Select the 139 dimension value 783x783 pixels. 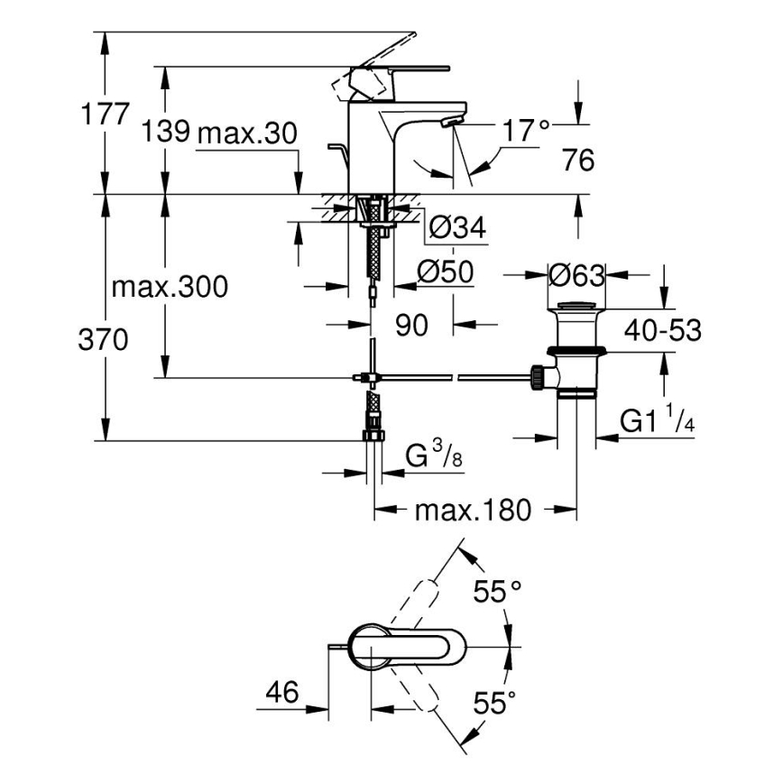pyautogui.click(x=165, y=133)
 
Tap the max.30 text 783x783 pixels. pyautogui.click(x=246, y=134)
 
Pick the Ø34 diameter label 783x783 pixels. pyautogui.click(x=457, y=228)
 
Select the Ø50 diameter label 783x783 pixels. pyautogui.click(x=447, y=272)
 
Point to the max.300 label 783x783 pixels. pyautogui.click(x=170, y=288)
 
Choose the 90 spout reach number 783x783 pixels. pyautogui.click(x=410, y=325)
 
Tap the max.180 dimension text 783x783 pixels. pyautogui.click(x=473, y=511)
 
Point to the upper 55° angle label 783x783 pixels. pyautogui.click(x=498, y=593)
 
